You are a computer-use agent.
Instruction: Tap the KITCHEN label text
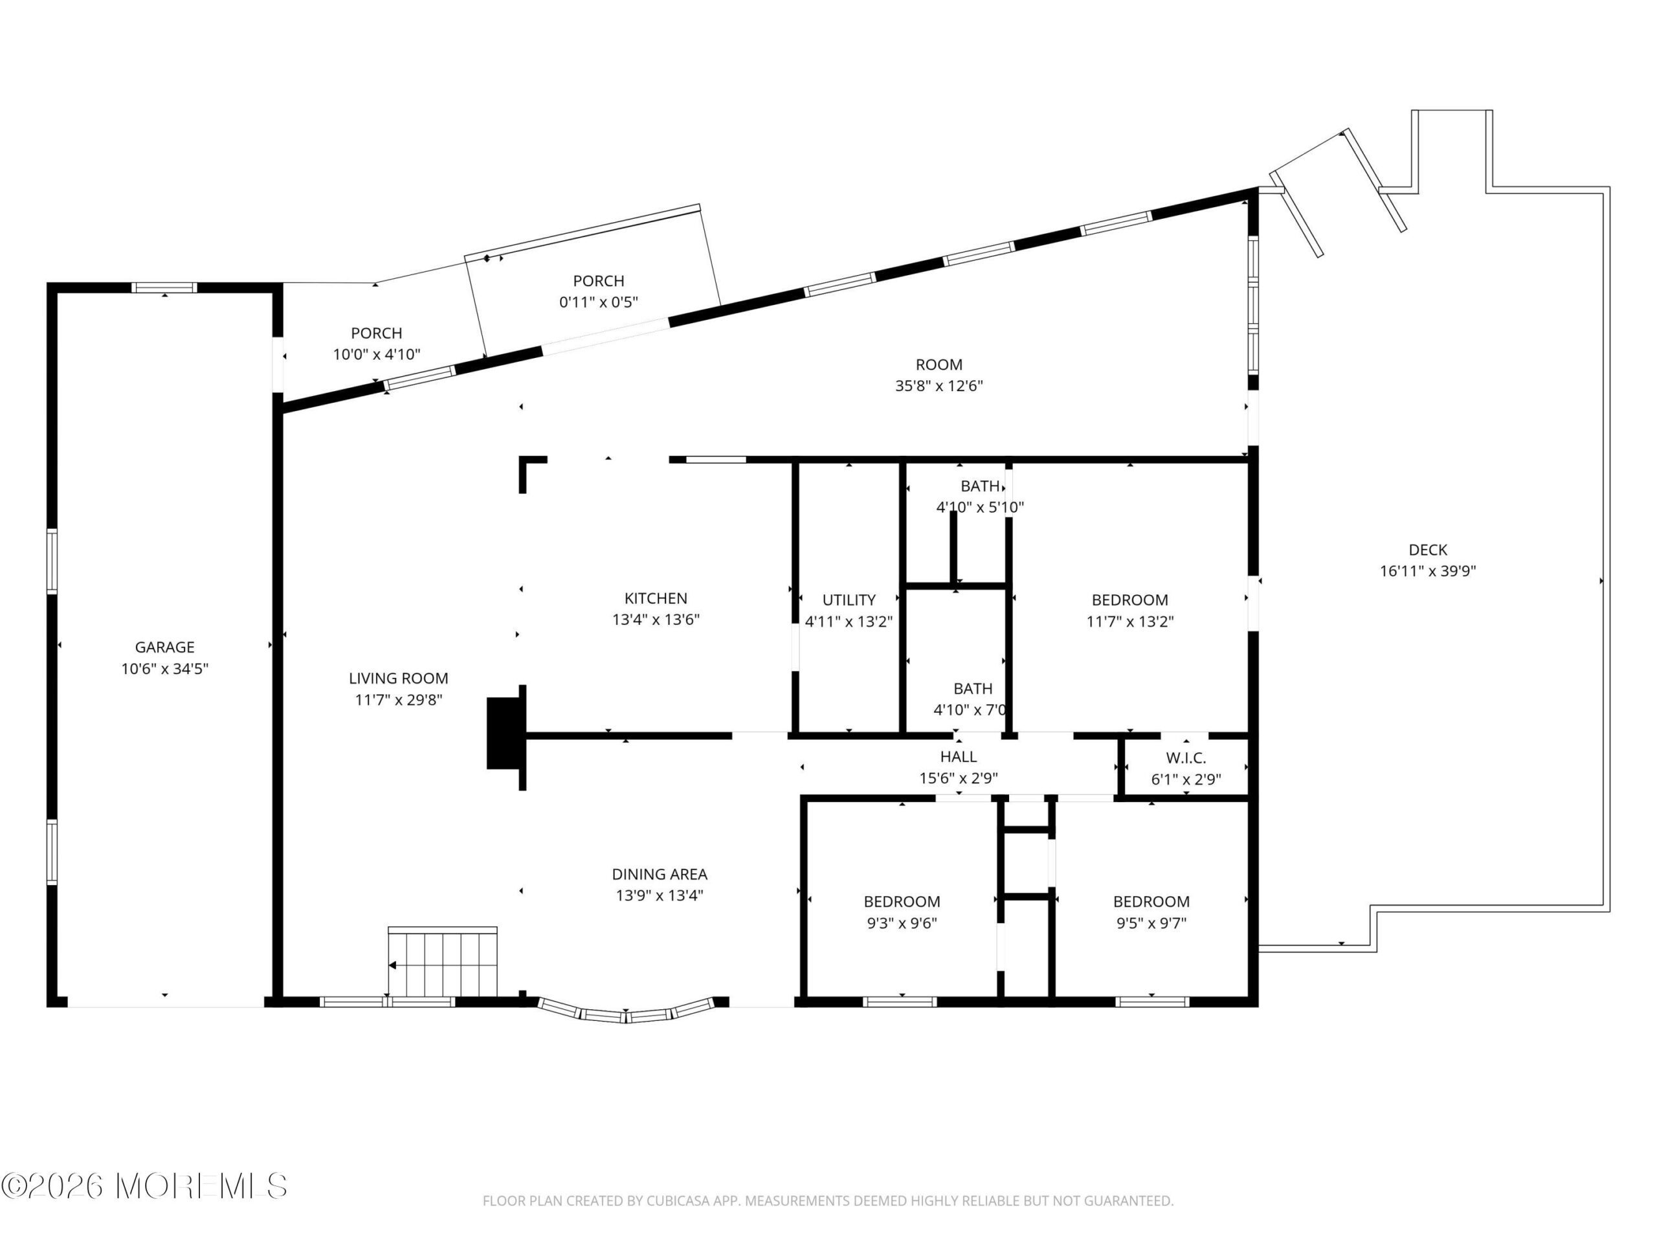pyautogui.click(x=656, y=599)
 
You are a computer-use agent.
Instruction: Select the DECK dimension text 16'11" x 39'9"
pyautogui.click(x=1428, y=571)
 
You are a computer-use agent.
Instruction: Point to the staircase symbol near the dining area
pyautogui.click(x=443, y=962)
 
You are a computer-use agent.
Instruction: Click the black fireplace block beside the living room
pyautogui.click(x=504, y=733)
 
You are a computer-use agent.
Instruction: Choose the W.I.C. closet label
pyautogui.click(x=1186, y=758)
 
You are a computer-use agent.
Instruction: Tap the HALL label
pyautogui.click(x=958, y=757)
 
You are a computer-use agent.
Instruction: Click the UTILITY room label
pyautogui.click(x=849, y=600)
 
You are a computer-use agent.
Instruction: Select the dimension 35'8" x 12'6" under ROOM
pyautogui.click(x=939, y=386)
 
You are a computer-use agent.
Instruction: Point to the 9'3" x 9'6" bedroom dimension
pyautogui.click(x=902, y=923)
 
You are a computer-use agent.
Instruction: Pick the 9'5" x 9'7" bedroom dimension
pyautogui.click(x=1151, y=923)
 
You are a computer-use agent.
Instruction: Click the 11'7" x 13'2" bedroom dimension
pyautogui.click(x=1129, y=621)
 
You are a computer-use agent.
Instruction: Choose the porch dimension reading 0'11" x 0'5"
pyautogui.click(x=599, y=302)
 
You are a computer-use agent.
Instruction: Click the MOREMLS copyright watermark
pyautogui.click(x=144, y=1186)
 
